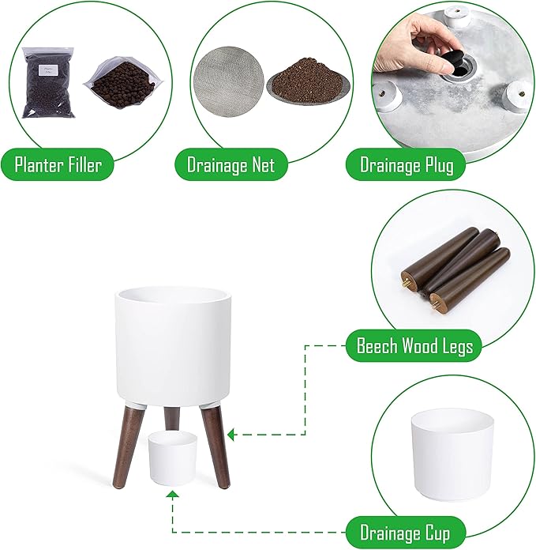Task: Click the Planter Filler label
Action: (58, 164)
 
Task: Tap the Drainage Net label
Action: (231, 164)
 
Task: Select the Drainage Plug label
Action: (406, 164)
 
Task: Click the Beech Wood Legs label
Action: (414, 345)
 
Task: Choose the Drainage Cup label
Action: (405, 533)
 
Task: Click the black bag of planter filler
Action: (48, 83)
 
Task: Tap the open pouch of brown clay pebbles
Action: (123, 82)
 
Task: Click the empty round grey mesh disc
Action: (229, 81)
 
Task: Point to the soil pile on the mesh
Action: (308, 81)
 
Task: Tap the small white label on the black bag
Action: (48, 70)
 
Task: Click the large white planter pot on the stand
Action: (173, 347)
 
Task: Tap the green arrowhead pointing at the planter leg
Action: (231, 435)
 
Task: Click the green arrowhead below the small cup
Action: (172, 495)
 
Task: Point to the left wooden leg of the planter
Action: (128, 448)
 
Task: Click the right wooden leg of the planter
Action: (216, 447)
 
